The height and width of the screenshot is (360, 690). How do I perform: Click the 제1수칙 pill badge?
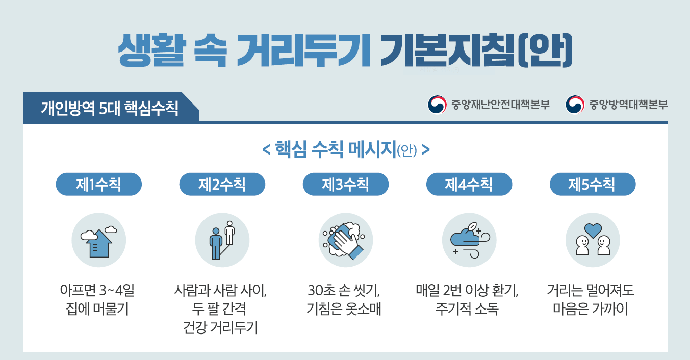[x=98, y=184]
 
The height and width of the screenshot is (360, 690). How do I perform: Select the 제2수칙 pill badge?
[x=222, y=184]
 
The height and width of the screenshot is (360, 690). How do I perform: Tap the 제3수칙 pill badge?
[x=346, y=184]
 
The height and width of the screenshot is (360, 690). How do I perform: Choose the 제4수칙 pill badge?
[x=469, y=184]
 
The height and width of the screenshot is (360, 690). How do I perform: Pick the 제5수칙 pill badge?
[x=593, y=184]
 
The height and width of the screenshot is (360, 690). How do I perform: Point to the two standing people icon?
[x=222, y=240]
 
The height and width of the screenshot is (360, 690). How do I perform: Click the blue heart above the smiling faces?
[x=593, y=230]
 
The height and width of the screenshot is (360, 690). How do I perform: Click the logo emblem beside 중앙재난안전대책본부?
[x=437, y=105]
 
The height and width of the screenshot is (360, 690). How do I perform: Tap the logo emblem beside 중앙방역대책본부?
[x=575, y=105]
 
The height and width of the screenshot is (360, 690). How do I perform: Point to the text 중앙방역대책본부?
[x=628, y=105]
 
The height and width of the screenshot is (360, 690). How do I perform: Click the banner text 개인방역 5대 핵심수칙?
[x=110, y=108]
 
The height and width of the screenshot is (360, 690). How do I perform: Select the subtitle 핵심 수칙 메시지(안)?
[x=346, y=149]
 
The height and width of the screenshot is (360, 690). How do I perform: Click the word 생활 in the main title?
[x=151, y=50]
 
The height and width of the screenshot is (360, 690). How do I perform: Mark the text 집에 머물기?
[x=97, y=308]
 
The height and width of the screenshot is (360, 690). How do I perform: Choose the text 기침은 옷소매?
[x=344, y=308]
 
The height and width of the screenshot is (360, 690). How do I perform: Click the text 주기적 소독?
[x=467, y=308]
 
